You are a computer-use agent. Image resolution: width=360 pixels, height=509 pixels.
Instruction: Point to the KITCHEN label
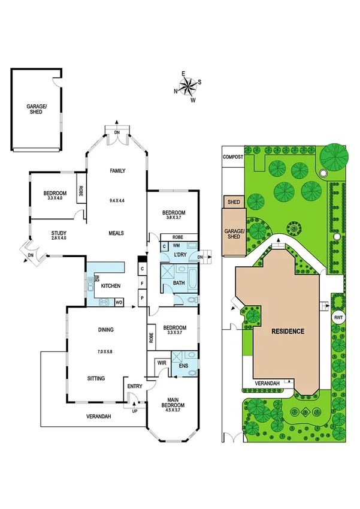pos(111,286)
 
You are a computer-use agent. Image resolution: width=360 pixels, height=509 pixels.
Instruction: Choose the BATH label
pos(179,282)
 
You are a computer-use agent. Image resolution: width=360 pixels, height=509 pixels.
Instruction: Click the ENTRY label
pos(134,386)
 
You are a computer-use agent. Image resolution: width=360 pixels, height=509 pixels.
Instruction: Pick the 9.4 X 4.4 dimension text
pos(117,200)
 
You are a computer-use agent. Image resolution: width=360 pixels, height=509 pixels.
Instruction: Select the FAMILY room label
pos(117,171)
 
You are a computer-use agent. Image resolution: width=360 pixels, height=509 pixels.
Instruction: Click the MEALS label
pos(117,233)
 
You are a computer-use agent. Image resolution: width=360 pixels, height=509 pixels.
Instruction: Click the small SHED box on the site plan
pos(234,202)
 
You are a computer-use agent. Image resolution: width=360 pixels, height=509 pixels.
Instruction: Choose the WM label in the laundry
pos(177,245)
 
